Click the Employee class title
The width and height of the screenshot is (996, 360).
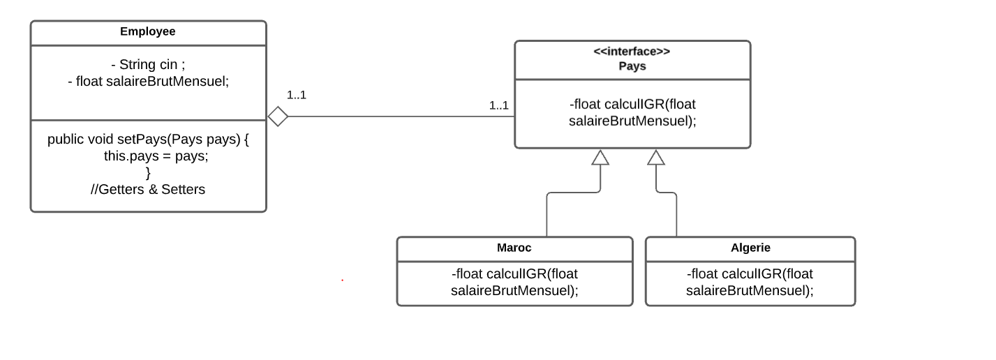pyautogui.click(x=148, y=31)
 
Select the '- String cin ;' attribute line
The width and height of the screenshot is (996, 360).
pyautogui.click(x=148, y=65)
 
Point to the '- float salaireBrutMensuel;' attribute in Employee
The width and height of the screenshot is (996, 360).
pyautogui.click(x=148, y=81)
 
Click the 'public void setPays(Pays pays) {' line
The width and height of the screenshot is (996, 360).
pyautogui.click(x=148, y=139)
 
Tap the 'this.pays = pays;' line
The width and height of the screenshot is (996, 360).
pyautogui.click(x=156, y=156)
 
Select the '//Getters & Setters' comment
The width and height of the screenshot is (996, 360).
pyautogui.click(x=148, y=189)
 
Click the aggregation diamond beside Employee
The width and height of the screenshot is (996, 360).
pyautogui.click(x=278, y=117)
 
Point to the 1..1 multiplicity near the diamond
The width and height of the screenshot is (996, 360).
pyautogui.click(x=296, y=95)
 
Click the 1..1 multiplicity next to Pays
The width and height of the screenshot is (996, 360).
pyautogui.click(x=498, y=105)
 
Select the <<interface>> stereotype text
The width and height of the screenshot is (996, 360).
pyautogui.click(x=632, y=52)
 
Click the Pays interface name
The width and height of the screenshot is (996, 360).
pyautogui.click(x=632, y=66)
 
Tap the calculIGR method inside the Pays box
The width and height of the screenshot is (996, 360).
pyautogui.click(x=632, y=112)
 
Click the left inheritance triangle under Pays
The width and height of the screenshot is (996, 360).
pyautogui.click(x=600, y=158)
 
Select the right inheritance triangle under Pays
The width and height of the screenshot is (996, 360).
pyautogui.click(x=655, y=158)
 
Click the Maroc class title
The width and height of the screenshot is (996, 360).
pyautogui.click(x=514, y=248)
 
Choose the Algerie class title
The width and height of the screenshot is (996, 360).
pyautogui.click(x=750, y=248)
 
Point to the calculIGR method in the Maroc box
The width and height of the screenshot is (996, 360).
pyautogui.click(x=514, y=282)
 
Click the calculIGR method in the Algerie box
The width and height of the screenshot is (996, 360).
pyautogui.click(x=750, y=282)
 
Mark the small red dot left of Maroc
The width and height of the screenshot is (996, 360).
pyautogui.click(x=342, y=280)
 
